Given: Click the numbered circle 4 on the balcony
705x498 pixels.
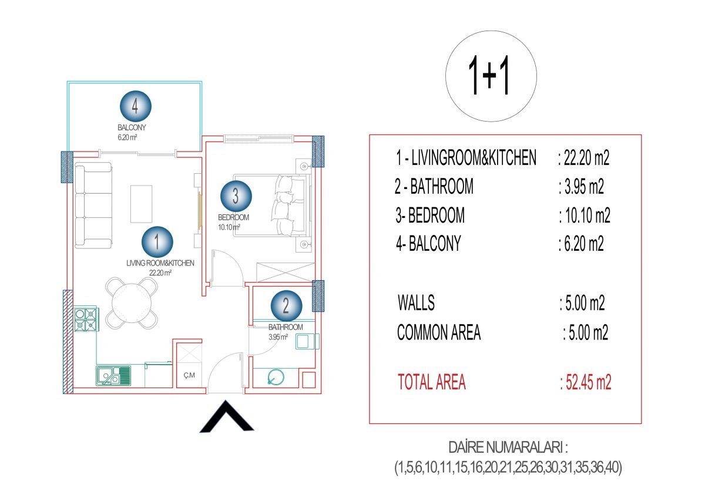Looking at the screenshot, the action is click(x=136, y=106).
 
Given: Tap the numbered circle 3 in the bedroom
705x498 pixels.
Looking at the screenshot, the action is click(x=236, y=196).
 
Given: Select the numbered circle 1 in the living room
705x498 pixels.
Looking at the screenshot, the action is click(x=157, y=242).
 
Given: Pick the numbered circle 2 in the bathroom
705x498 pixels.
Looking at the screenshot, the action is click(x=287, y=305).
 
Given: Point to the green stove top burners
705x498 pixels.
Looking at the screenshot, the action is click(x=85, y=319).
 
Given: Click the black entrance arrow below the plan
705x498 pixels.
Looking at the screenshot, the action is click(x=227, y=416).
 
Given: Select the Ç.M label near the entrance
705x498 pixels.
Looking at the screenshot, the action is click(x=189, y=375).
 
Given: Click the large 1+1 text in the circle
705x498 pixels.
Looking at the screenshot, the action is click(x=489, y=76).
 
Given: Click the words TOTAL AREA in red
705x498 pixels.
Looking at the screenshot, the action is click(x=431, y=382).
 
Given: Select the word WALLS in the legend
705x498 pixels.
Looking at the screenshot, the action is click(x=416, y=302).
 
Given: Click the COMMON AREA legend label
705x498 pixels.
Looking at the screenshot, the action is click(x=439, y=332).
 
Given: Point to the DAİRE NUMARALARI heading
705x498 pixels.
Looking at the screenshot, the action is click(x=508, y=447).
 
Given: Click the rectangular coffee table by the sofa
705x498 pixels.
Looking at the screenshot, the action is click(x=142, y=204).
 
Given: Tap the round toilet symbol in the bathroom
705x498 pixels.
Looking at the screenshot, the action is click(x=276, y=376).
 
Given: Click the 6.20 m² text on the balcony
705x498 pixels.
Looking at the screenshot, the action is click(x=127, y=137).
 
